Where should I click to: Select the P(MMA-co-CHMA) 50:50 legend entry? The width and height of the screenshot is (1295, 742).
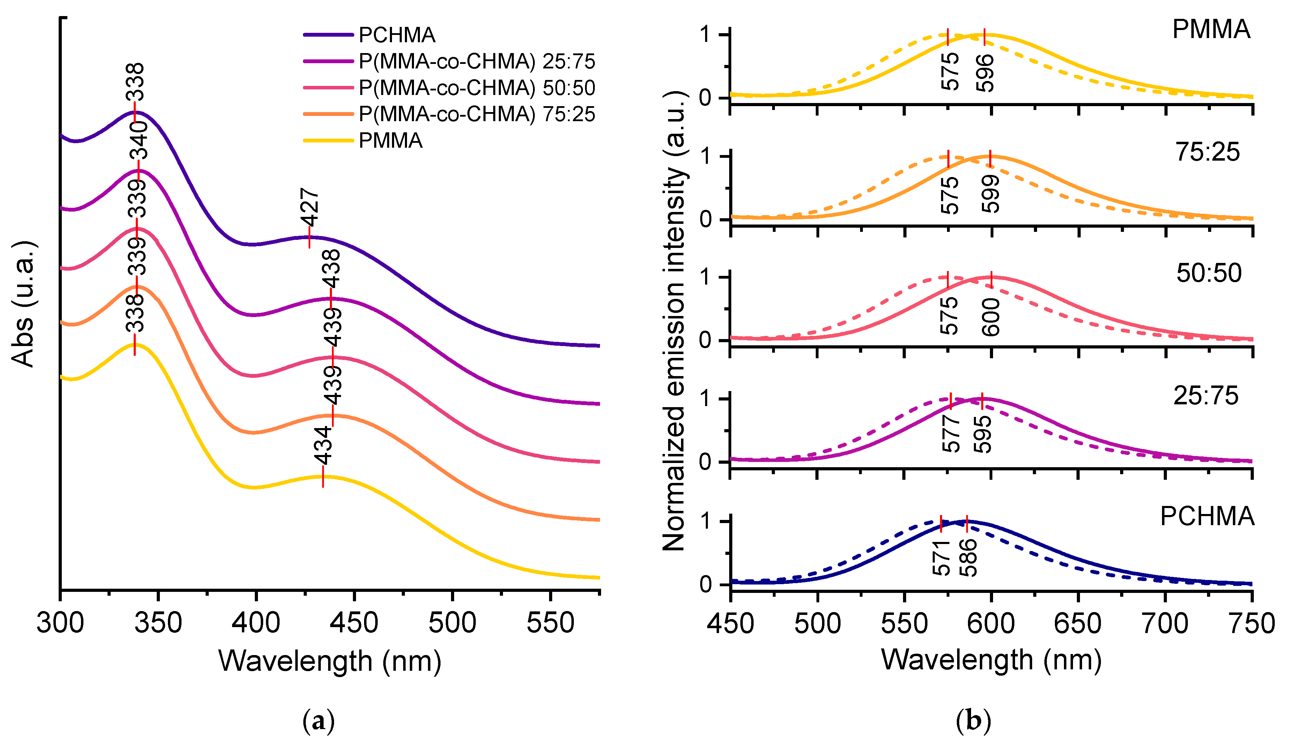coord(476,88)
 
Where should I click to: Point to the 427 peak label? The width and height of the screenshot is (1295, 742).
coord(310,207)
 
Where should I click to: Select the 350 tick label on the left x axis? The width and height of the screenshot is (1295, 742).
coord(158,623)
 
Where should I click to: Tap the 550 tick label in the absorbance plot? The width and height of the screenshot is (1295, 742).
coord(550,623)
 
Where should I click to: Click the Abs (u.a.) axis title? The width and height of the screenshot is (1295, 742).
coord(23,304)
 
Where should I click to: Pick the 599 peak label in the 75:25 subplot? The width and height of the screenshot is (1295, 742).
coord(991,194)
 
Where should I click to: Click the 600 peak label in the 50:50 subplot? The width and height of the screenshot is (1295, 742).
coord(991,317)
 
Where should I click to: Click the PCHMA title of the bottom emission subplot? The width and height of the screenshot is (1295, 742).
coord(1206,516)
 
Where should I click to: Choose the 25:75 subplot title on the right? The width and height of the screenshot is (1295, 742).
coord(1205,396)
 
